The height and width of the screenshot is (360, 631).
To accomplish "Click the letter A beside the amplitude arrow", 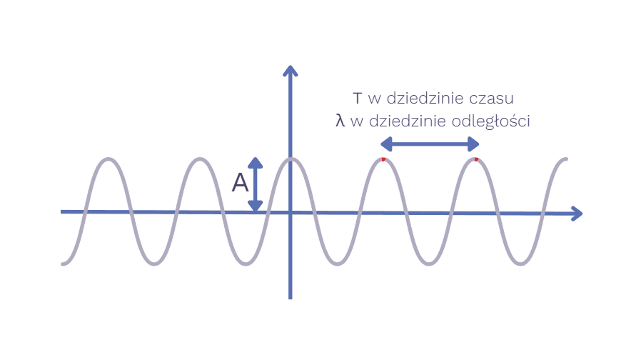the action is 241,184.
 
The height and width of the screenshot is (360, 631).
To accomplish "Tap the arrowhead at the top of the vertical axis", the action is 290,70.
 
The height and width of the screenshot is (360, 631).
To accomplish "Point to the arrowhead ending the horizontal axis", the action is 577,213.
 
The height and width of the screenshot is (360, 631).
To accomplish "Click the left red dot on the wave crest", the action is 383,159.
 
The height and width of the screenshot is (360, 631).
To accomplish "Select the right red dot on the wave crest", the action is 476,159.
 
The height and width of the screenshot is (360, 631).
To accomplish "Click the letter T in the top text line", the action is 358,98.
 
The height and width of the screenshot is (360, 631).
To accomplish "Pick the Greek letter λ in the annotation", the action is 340,121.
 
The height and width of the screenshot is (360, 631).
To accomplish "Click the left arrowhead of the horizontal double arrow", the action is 385,144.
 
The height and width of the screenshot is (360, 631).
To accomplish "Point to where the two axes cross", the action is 290,212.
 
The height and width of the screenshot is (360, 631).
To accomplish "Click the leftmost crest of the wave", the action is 108,159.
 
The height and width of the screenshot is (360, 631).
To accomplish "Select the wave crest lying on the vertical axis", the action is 290,159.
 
